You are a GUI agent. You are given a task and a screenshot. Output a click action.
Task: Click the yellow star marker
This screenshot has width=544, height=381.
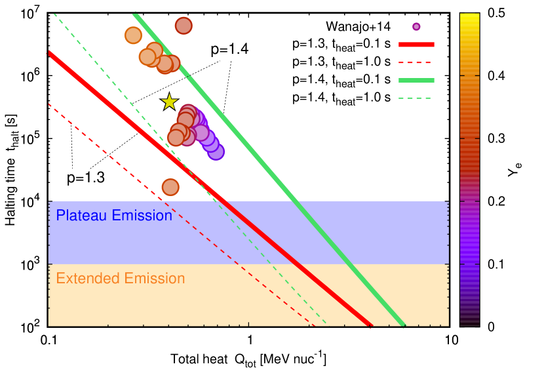169,102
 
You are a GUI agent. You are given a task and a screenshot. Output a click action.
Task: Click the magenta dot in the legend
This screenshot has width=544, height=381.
416,27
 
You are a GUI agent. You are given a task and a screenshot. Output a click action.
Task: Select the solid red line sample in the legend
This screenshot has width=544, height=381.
416,45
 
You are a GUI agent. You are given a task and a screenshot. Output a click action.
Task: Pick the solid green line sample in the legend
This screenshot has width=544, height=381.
416,81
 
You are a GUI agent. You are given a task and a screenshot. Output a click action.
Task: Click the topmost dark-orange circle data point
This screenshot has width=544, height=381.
184,26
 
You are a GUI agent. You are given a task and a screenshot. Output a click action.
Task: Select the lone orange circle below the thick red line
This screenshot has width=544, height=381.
170,187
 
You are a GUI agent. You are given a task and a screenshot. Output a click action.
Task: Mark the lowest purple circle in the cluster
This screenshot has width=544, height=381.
216,151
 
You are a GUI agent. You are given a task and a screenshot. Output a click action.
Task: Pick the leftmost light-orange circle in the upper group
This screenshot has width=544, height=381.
133,35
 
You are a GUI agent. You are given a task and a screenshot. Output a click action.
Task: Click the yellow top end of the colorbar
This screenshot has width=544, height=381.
469,16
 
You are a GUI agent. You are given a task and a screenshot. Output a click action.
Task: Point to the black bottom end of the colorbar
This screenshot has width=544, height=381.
469,323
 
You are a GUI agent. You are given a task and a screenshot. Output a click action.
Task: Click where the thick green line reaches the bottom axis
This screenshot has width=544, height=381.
404,325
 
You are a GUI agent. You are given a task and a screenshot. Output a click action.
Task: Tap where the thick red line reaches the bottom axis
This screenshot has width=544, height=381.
370,325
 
